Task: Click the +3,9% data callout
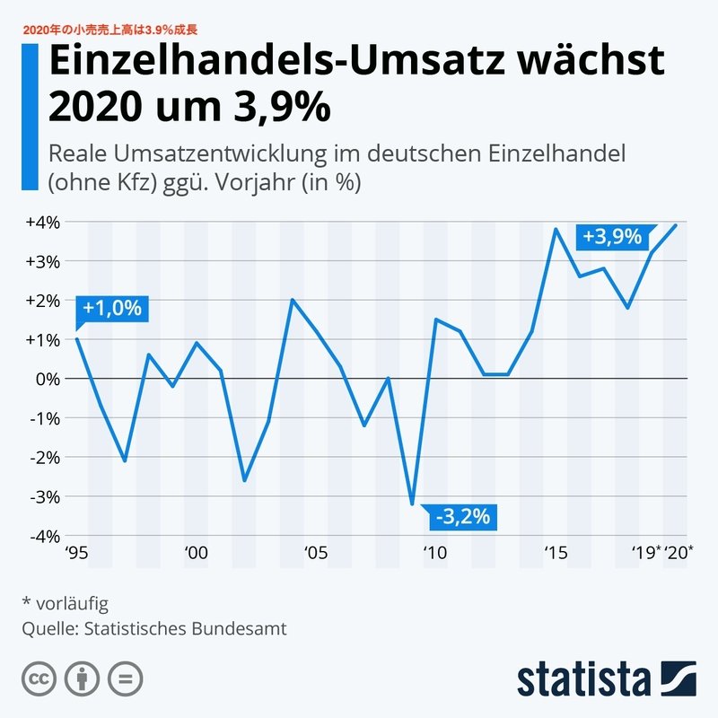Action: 612,238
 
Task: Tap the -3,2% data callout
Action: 462,516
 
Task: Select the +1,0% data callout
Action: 112,309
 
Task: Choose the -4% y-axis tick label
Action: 43,536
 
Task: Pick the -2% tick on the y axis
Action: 43,457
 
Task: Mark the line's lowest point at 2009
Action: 412,504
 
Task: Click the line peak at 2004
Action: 293,300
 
